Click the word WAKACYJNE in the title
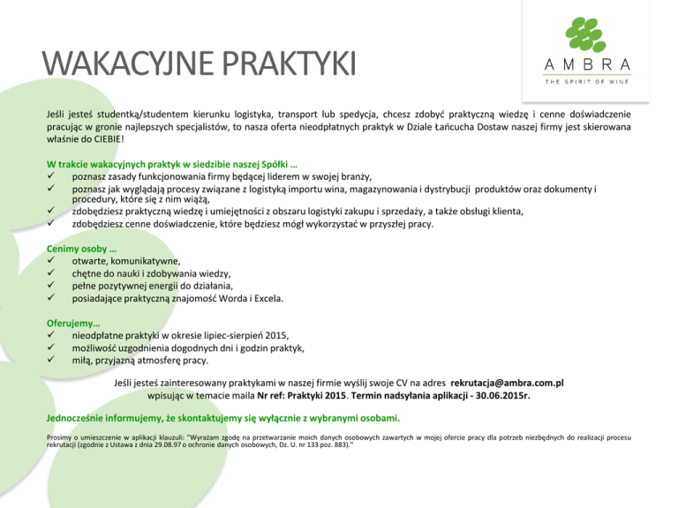[x=119, y=67]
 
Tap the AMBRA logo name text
[x=587, y=64]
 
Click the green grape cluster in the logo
[x=588, y=33]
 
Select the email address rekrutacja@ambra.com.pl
[x=507, y=385]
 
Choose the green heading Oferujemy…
[x=73, y=323]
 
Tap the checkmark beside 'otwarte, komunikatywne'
[x=53, y=262]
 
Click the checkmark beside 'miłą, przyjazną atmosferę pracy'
[x=53, y=361]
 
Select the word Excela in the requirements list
[x=264, y=299]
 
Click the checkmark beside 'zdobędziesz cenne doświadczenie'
[x=53, y=224]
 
